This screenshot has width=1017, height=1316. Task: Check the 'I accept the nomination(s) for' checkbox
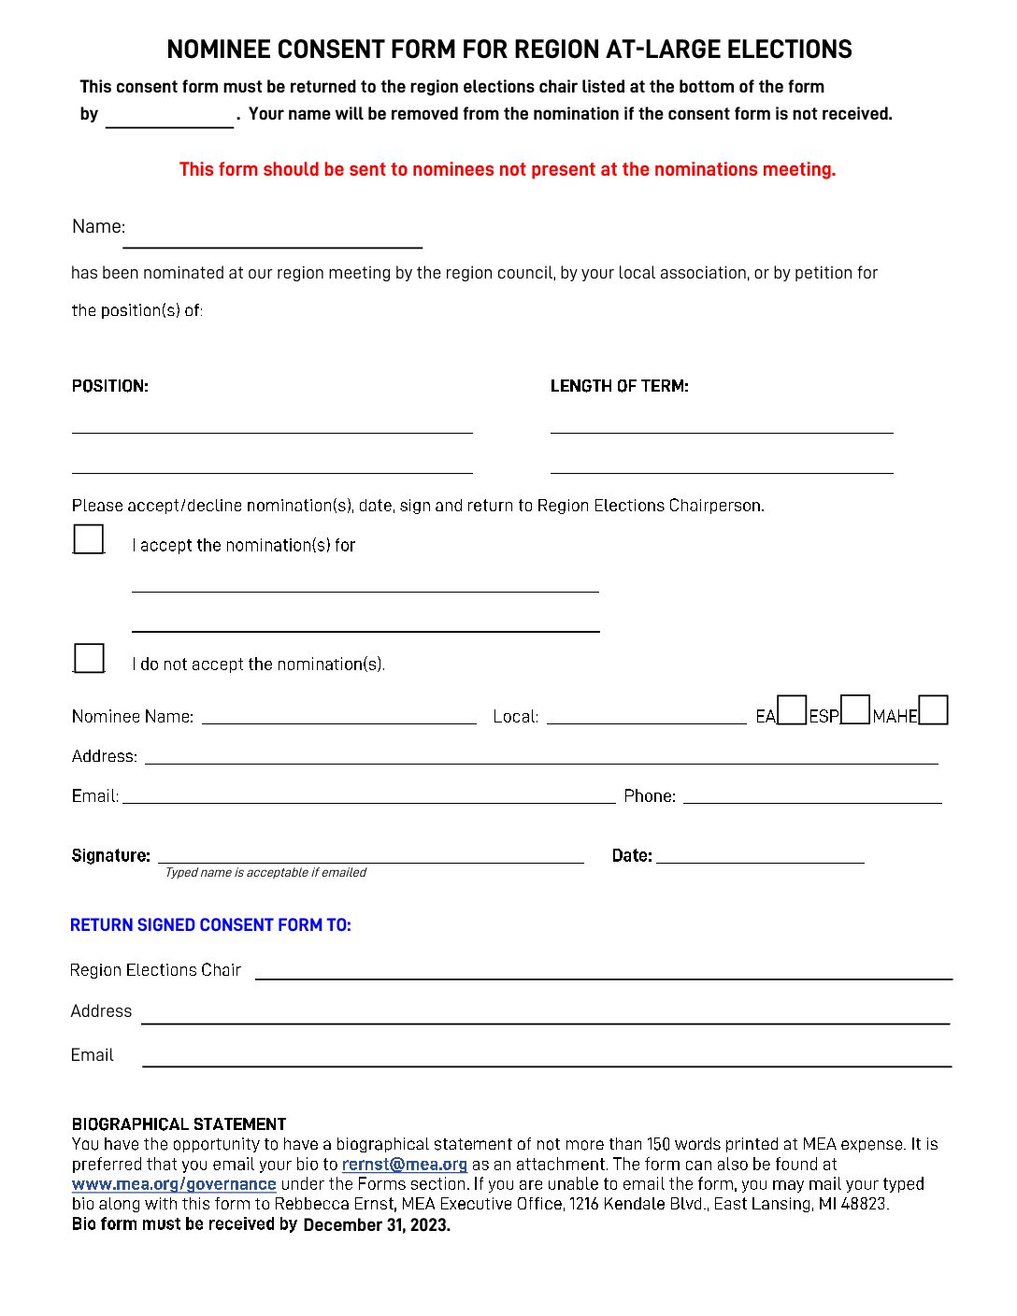click(x=89, y=539)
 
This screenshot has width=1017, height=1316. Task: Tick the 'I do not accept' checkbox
click(x=89, y=658)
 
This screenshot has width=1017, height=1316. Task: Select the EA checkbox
click(x=792, y=710)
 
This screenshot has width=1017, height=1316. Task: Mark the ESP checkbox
click(x=855, y=710)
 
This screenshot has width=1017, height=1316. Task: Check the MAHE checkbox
click(x=933, y=710)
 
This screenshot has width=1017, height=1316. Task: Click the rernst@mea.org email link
click(x=404, y=1165)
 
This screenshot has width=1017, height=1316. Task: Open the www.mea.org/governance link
click(x=174, y=1184)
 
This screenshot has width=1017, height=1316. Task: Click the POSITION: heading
click(x=110, y=386)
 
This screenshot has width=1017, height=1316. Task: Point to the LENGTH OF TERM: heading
click(x=619, y=386)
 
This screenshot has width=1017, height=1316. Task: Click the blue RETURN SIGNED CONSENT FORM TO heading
click(x=210, y=925)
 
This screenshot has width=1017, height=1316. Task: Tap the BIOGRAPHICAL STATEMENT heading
click(x=179, y=1124)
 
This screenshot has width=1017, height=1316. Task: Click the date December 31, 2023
click(x=377, y=1225)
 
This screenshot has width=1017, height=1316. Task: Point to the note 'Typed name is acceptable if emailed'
click(x=265, y=873)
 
